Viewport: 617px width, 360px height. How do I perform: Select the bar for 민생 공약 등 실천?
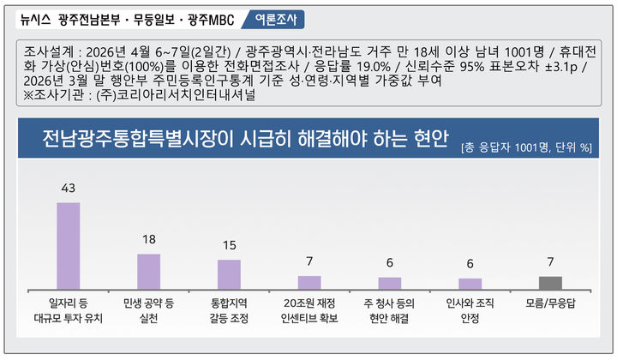(x=148, y=272)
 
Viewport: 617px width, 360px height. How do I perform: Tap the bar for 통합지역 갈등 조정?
(x=229, y=274)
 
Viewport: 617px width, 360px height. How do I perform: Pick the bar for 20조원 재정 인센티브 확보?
(x=309, y=282)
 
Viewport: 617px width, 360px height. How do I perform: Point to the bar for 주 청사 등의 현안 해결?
(x=390, y=283)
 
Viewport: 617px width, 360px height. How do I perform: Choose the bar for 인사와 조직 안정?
(x=470, y=283)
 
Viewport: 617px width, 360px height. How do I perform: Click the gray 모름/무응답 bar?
(x=550, y=282)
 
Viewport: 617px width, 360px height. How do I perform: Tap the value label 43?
(x=68, y=187)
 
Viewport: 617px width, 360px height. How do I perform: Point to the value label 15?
(x=229, y=244)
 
